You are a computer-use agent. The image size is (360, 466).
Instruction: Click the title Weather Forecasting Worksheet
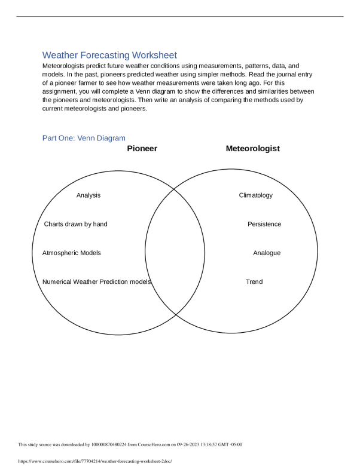tap(109, 55)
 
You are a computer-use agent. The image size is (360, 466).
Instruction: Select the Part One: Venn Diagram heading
tap(84, 138)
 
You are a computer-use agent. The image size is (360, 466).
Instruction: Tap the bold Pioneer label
tap(142, 149)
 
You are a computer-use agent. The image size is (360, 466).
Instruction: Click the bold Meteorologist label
tap(252, 149)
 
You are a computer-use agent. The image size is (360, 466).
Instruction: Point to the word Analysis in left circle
tap(89, 195)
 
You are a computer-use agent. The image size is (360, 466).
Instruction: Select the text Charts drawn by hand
tap(76, 224)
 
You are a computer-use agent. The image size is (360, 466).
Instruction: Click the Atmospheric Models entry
tap(72, 253)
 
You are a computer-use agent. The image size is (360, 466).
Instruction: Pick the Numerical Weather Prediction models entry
tap(96, 281)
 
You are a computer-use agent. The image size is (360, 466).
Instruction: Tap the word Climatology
tap(255, 195)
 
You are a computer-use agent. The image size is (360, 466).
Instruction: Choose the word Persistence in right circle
tap(264, 224)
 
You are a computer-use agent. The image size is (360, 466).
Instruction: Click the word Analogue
tap(267, 253)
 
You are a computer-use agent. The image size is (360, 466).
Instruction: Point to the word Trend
tap(254, 281)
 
